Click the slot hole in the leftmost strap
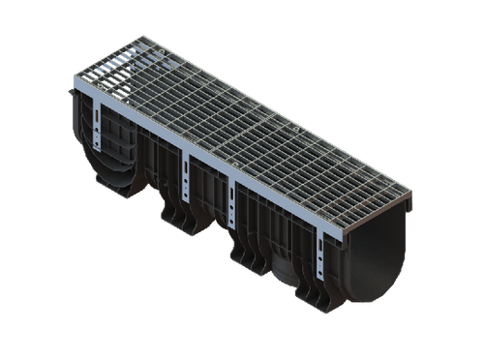(98, 122)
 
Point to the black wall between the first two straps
(145, 165)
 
